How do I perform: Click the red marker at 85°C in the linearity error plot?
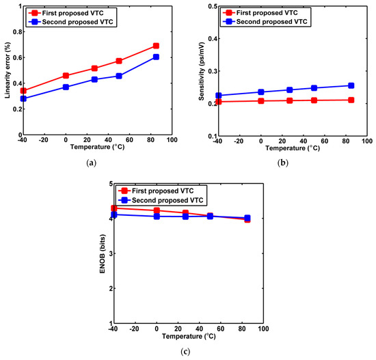[x=156, y=46]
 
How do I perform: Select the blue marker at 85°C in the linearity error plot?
[x=156, y=57]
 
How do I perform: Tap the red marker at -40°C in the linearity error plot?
[x=24, y=91]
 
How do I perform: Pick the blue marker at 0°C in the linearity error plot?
[x=66, y=87]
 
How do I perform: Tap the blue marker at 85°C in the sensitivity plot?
[x=351, y=85]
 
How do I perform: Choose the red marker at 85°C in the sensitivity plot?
[x=351, y=100]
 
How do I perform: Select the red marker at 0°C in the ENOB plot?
[x=157, y=210]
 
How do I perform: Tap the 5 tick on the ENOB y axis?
[x=108, y=184]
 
